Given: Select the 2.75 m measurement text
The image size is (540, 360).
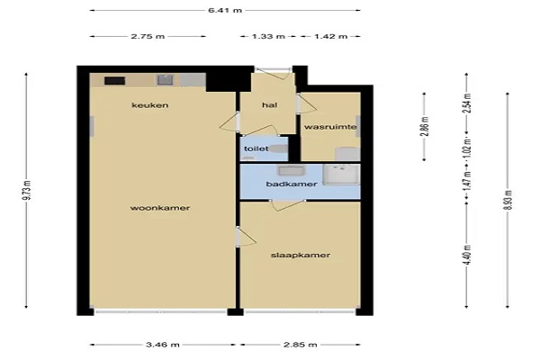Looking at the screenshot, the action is pyautogui.click(x=148, y=36).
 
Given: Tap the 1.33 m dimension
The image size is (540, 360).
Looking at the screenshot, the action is pyautogui.click(x=268, y=36).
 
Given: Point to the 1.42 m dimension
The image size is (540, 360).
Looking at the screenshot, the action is pyautogui.click(x=330, y=36).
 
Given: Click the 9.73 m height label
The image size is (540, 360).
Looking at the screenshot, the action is pyautogui.click(x=27, y=190).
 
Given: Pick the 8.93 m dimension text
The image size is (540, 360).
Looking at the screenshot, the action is pyautogui.click(x=508, y=200).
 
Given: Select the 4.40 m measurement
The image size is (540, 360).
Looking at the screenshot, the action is pyautogui.click(x=466, y=255).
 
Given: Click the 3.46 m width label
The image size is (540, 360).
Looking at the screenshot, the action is pyautogui.click(x=163, y=345).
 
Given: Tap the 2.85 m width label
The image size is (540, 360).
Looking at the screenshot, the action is pyautogui.click(x=301, y=345).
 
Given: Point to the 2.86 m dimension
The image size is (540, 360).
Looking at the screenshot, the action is pyautogui.click(x=425, y=126).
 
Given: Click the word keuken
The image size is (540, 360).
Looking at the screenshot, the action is pyautogui.click(x=149, y=105).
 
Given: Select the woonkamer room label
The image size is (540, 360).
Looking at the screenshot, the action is pyautogui.click(x=160, y=208).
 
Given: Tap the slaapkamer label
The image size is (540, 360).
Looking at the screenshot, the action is pyautogui.click(x=301, y=256).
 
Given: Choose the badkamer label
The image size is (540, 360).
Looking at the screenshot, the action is pyautogui.click(x=292, y=184).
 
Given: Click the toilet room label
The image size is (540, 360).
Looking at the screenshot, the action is pyautogui.click(x=256, y=148).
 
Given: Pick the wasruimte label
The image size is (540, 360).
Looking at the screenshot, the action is pyautogui.click(x=330, y=127).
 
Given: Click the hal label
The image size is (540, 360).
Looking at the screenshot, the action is pyautogui.click(x=270, y=105).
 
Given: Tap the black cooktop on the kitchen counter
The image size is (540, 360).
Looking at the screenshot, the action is pyautogui.click(x=114, y=81).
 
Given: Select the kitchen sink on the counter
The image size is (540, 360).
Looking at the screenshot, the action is pyautogui.click(x=165, y=80).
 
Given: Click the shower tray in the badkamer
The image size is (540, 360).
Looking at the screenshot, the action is pyautogui.click(x=341, y=175).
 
